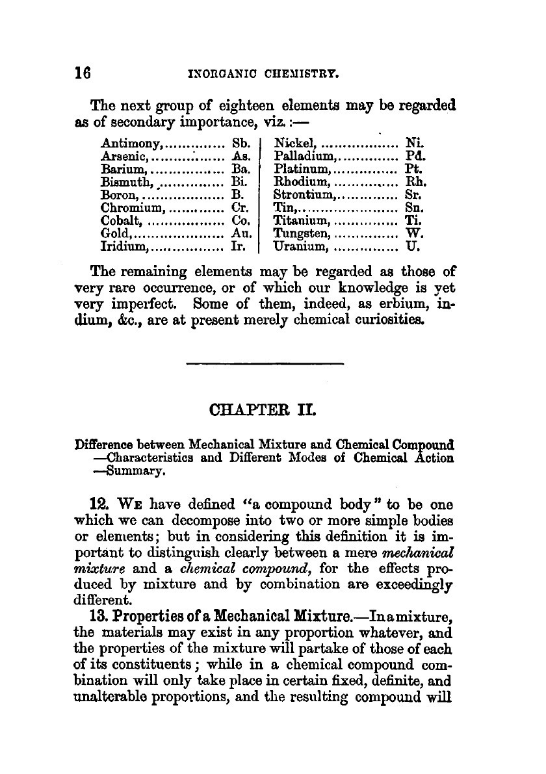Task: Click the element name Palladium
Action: [x=304, y=156]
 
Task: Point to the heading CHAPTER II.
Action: [x=264, y=411]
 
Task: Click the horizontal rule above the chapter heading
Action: [x=264, y=363]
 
